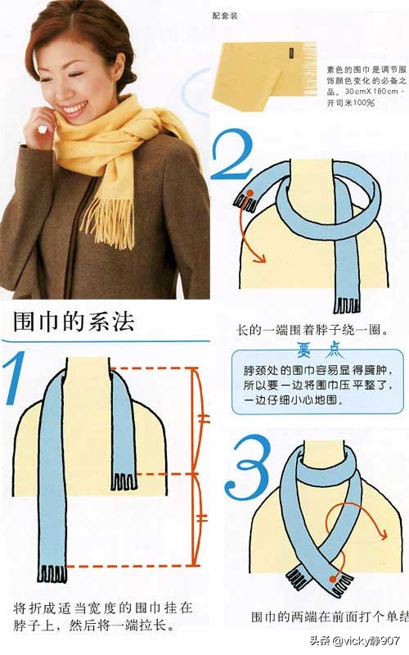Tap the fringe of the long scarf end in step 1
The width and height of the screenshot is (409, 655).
(51, 574)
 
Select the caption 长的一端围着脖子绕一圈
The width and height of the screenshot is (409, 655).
(311, 331)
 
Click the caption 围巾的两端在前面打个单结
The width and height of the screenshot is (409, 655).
(327, 617)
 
